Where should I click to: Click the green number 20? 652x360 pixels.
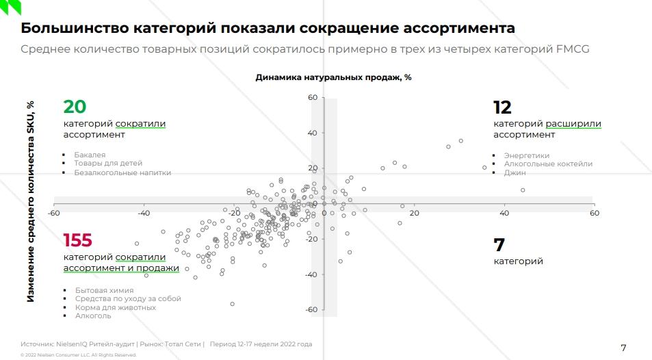[75, 107]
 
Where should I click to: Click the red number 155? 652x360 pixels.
[77, 240]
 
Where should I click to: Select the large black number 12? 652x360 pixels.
[502, 107]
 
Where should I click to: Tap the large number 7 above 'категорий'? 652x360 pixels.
[499, 244]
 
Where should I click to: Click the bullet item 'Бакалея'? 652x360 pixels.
[90, 155]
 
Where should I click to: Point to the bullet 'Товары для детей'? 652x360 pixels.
[108, 164]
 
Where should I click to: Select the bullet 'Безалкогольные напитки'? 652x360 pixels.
[122, 173]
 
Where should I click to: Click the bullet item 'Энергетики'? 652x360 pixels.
[526, 155]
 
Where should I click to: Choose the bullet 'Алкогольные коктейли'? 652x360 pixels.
[548, 164]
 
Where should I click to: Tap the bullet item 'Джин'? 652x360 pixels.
[514, 173]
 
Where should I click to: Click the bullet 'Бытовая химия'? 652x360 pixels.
[104, 290]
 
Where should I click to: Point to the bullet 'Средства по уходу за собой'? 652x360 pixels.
[127, 299]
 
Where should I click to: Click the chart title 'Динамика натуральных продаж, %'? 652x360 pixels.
[333, 77]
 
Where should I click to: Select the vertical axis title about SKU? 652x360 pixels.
[31, 201]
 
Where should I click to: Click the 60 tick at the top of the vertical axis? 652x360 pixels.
[312, 98]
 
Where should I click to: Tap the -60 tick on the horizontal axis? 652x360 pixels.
[53, 214]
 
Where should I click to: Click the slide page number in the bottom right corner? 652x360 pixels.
[623, 348]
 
